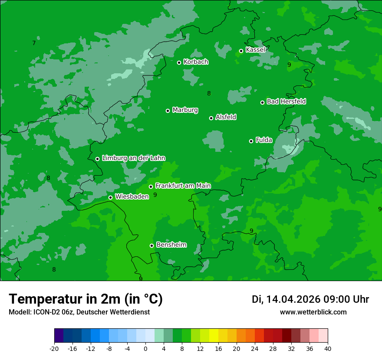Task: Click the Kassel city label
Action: (255, 50)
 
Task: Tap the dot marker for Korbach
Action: (179, 62)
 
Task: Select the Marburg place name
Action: (185, 110)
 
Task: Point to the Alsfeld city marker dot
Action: (211, 118)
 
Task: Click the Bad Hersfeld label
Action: (286, 101)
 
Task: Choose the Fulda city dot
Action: (251, 141)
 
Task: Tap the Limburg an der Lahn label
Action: (133, 158)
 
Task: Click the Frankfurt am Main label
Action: (183, 186)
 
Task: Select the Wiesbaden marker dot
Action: (111, 197)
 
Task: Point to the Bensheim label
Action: (171, 245)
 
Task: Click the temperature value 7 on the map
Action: (34, 43)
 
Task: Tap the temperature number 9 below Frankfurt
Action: (155, 195)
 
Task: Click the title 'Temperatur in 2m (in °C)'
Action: (86, 299)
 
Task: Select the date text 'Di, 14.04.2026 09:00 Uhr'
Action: (310, 299)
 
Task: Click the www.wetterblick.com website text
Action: (313, 312)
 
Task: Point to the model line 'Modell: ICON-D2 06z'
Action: (79, 312)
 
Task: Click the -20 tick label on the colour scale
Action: (54, 349)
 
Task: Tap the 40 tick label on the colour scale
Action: (328, 349)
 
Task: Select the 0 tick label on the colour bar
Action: (145, 349)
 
